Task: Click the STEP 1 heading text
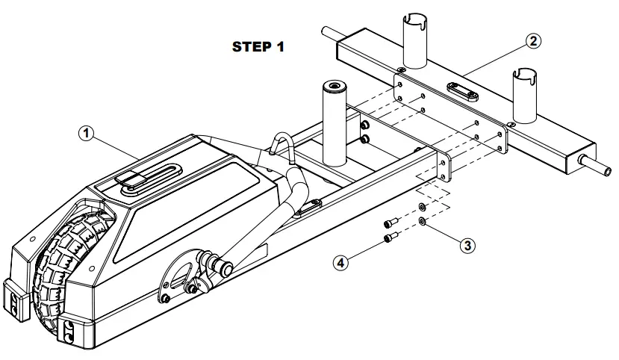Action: click(259, 46)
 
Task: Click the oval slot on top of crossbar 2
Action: click(462, 90)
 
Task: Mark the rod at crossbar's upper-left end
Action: click(328, 32)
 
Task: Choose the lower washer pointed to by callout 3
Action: click(423, 221)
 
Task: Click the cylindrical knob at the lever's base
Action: click(223, 265)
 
